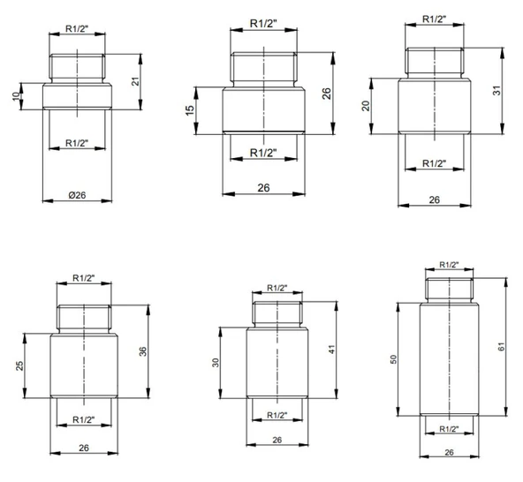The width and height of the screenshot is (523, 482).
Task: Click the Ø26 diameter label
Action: point(77,195)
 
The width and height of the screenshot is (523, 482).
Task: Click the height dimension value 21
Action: point(135,81)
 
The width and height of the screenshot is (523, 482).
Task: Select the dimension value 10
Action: point(16,96)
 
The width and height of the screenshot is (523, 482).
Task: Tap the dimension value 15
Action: point(189,110)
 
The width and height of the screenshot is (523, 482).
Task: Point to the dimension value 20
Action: point(366,106)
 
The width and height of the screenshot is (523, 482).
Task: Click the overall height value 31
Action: point(497,90)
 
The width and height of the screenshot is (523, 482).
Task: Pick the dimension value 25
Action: point(19,365)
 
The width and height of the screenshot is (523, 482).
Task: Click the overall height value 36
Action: point(143,351)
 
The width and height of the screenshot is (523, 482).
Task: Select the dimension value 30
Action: point(216,363)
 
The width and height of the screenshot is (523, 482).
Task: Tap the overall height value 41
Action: point(331,350)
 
